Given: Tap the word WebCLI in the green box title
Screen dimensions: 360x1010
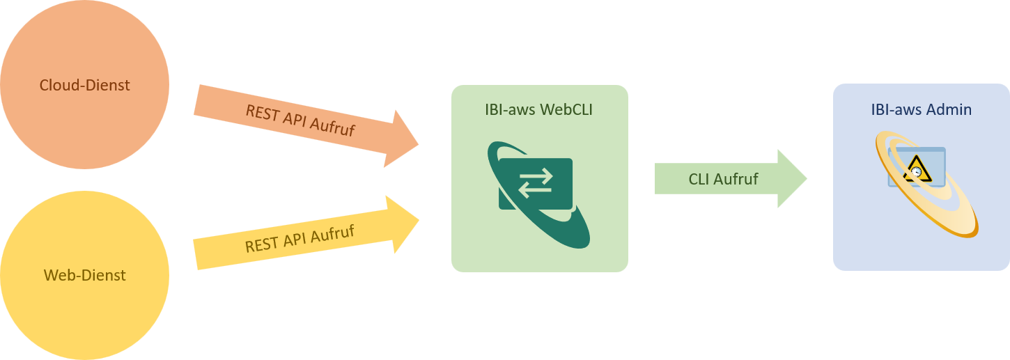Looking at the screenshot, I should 566,109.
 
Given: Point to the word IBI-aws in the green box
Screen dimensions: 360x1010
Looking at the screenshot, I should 510,109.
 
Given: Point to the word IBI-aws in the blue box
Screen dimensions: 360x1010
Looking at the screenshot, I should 896,109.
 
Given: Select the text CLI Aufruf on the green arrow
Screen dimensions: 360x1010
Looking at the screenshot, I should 723,179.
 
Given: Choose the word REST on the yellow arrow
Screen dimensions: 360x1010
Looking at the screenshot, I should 261,245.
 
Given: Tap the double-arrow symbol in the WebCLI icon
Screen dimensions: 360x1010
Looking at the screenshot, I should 536,182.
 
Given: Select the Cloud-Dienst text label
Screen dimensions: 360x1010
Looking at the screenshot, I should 84,86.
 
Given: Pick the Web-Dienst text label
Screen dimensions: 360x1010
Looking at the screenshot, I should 84,275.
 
